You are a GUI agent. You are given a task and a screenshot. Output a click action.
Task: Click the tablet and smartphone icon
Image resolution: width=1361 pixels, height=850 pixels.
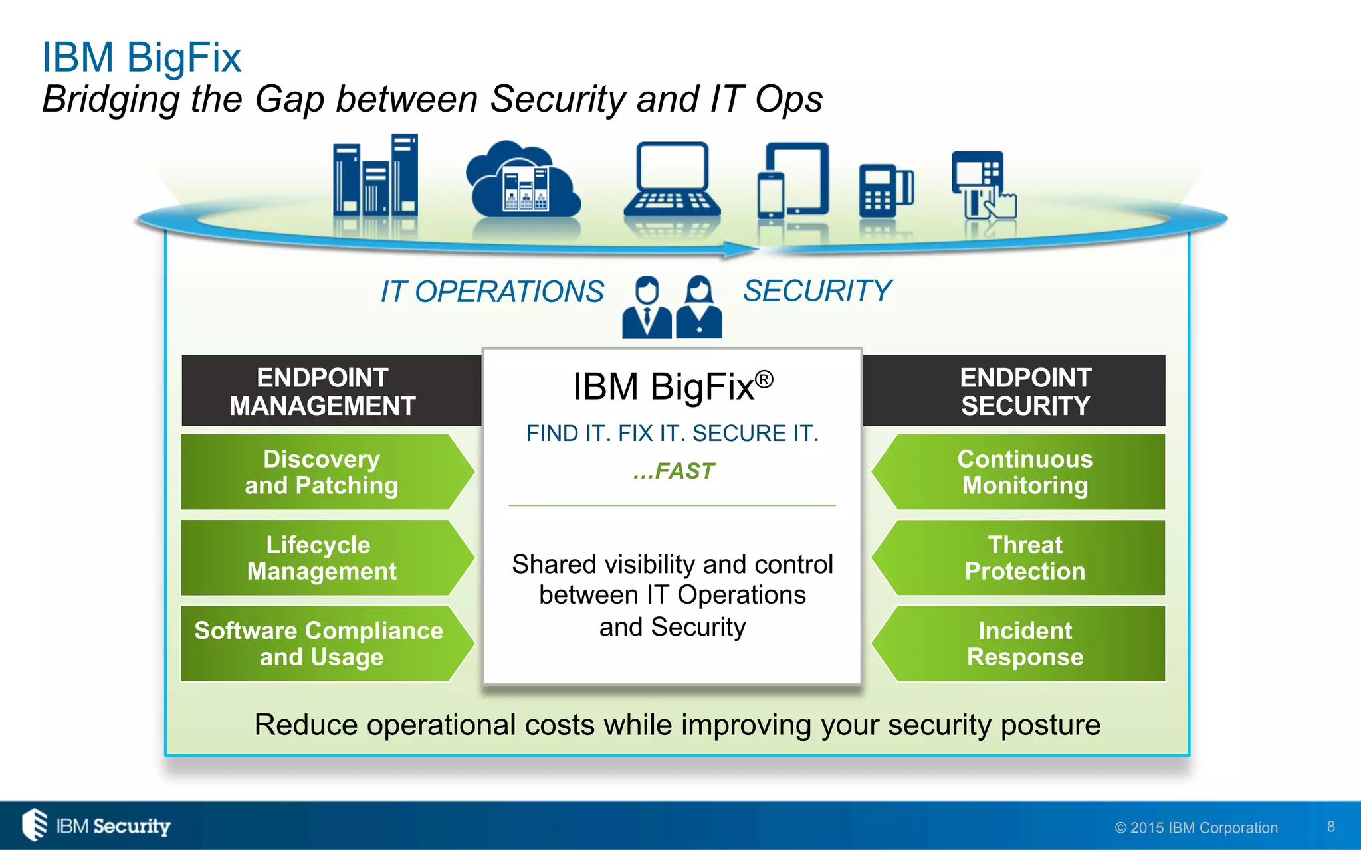click(x=794, y=181)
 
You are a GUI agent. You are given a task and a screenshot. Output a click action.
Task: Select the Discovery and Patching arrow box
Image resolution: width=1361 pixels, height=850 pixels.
click(x=322, y=472)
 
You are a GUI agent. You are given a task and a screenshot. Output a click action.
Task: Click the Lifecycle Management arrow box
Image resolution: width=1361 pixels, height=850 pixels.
click(x=322, y=558)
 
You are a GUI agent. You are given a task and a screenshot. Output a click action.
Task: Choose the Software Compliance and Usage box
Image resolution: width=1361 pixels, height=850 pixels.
click(x=322, y=643)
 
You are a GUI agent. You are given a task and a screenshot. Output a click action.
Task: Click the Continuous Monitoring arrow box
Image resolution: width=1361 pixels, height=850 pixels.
click(x=1024, y=472)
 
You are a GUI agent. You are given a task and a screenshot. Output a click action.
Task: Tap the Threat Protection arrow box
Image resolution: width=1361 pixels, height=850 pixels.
click(x=1024, y=558)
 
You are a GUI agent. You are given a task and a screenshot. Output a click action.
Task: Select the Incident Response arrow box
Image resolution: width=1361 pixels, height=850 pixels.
click(x=1024, y=643)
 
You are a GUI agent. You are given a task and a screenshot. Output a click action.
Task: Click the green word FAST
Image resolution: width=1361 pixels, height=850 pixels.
click(x=684, y=471)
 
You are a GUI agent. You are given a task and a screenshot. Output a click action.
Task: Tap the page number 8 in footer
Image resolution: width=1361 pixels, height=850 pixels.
click(x=1330, y=827)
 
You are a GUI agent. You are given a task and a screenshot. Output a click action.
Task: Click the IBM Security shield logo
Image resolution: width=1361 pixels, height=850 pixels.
click(x=35, y=825)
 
